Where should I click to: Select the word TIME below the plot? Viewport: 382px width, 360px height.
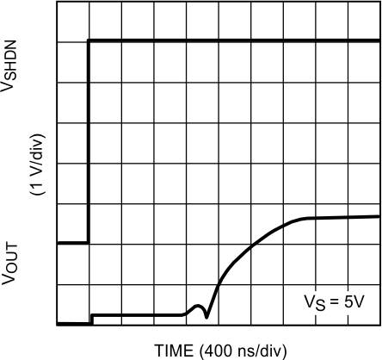pos(175,350)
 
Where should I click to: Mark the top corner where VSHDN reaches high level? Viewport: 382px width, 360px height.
pos(89,40)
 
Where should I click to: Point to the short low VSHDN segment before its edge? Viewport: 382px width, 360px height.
pos(72,244)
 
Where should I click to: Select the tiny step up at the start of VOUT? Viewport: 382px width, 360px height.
pos(92,319)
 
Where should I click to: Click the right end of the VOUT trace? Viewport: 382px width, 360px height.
pos(378,216)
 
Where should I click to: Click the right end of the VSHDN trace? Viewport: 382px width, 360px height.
pos(378,40)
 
